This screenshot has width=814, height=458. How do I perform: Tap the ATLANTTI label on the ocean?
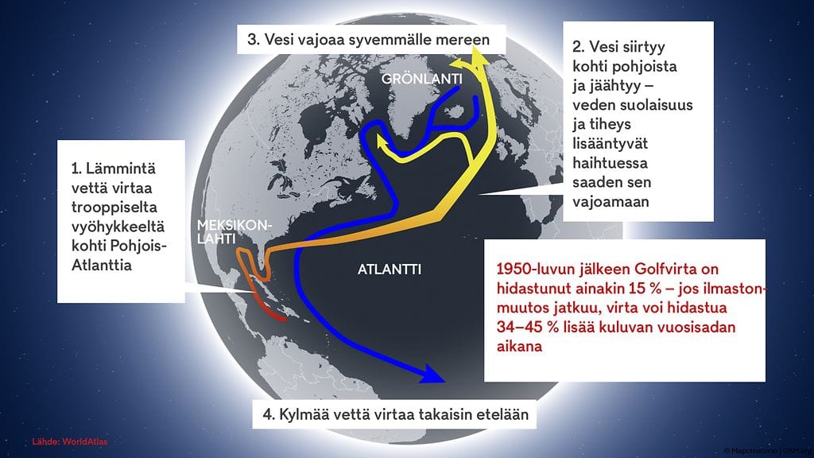click(x=389, y=270)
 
